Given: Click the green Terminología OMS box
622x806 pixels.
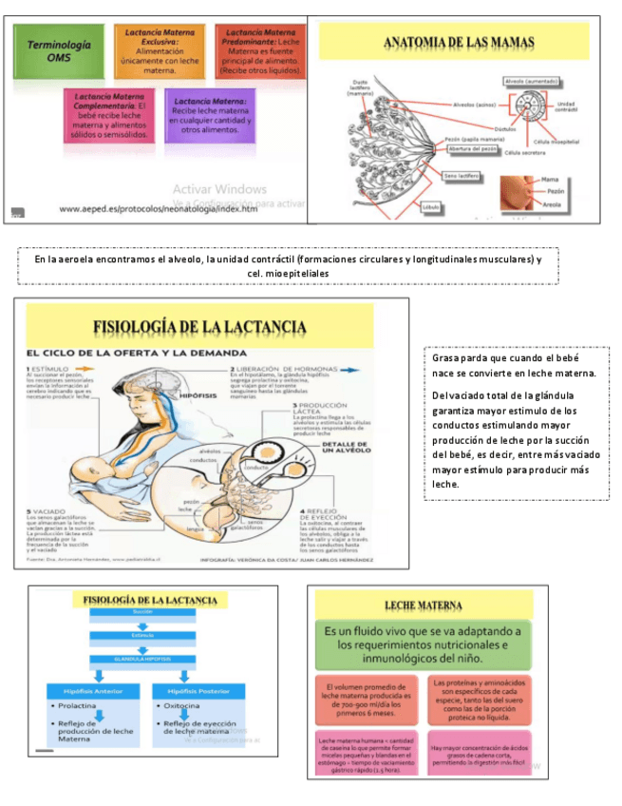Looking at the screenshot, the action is (60, 51).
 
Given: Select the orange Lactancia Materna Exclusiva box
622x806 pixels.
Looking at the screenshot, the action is (160, 51).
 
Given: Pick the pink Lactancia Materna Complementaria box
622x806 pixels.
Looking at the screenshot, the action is (109, 115).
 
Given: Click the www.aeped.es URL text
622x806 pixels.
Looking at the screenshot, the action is (159, 209).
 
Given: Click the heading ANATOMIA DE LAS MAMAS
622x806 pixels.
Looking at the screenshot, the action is (458, 43).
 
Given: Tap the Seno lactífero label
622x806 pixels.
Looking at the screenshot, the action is (461, 176).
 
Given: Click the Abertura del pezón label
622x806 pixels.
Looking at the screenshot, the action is (472, 149).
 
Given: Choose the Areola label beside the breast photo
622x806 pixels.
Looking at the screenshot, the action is (551, 203).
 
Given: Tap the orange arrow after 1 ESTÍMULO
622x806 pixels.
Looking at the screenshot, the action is (84, 368).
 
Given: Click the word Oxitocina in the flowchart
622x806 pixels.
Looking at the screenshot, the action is (182, 708).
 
